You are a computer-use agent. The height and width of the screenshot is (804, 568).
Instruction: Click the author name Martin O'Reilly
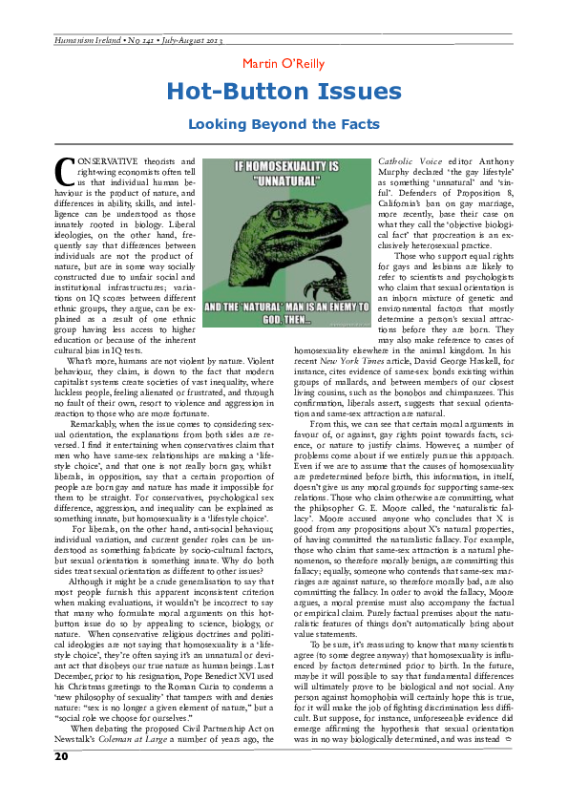[284, 64]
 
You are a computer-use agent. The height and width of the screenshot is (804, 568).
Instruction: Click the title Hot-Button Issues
[284, 92]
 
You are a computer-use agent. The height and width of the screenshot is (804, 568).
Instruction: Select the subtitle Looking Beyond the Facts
[284, 124]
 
